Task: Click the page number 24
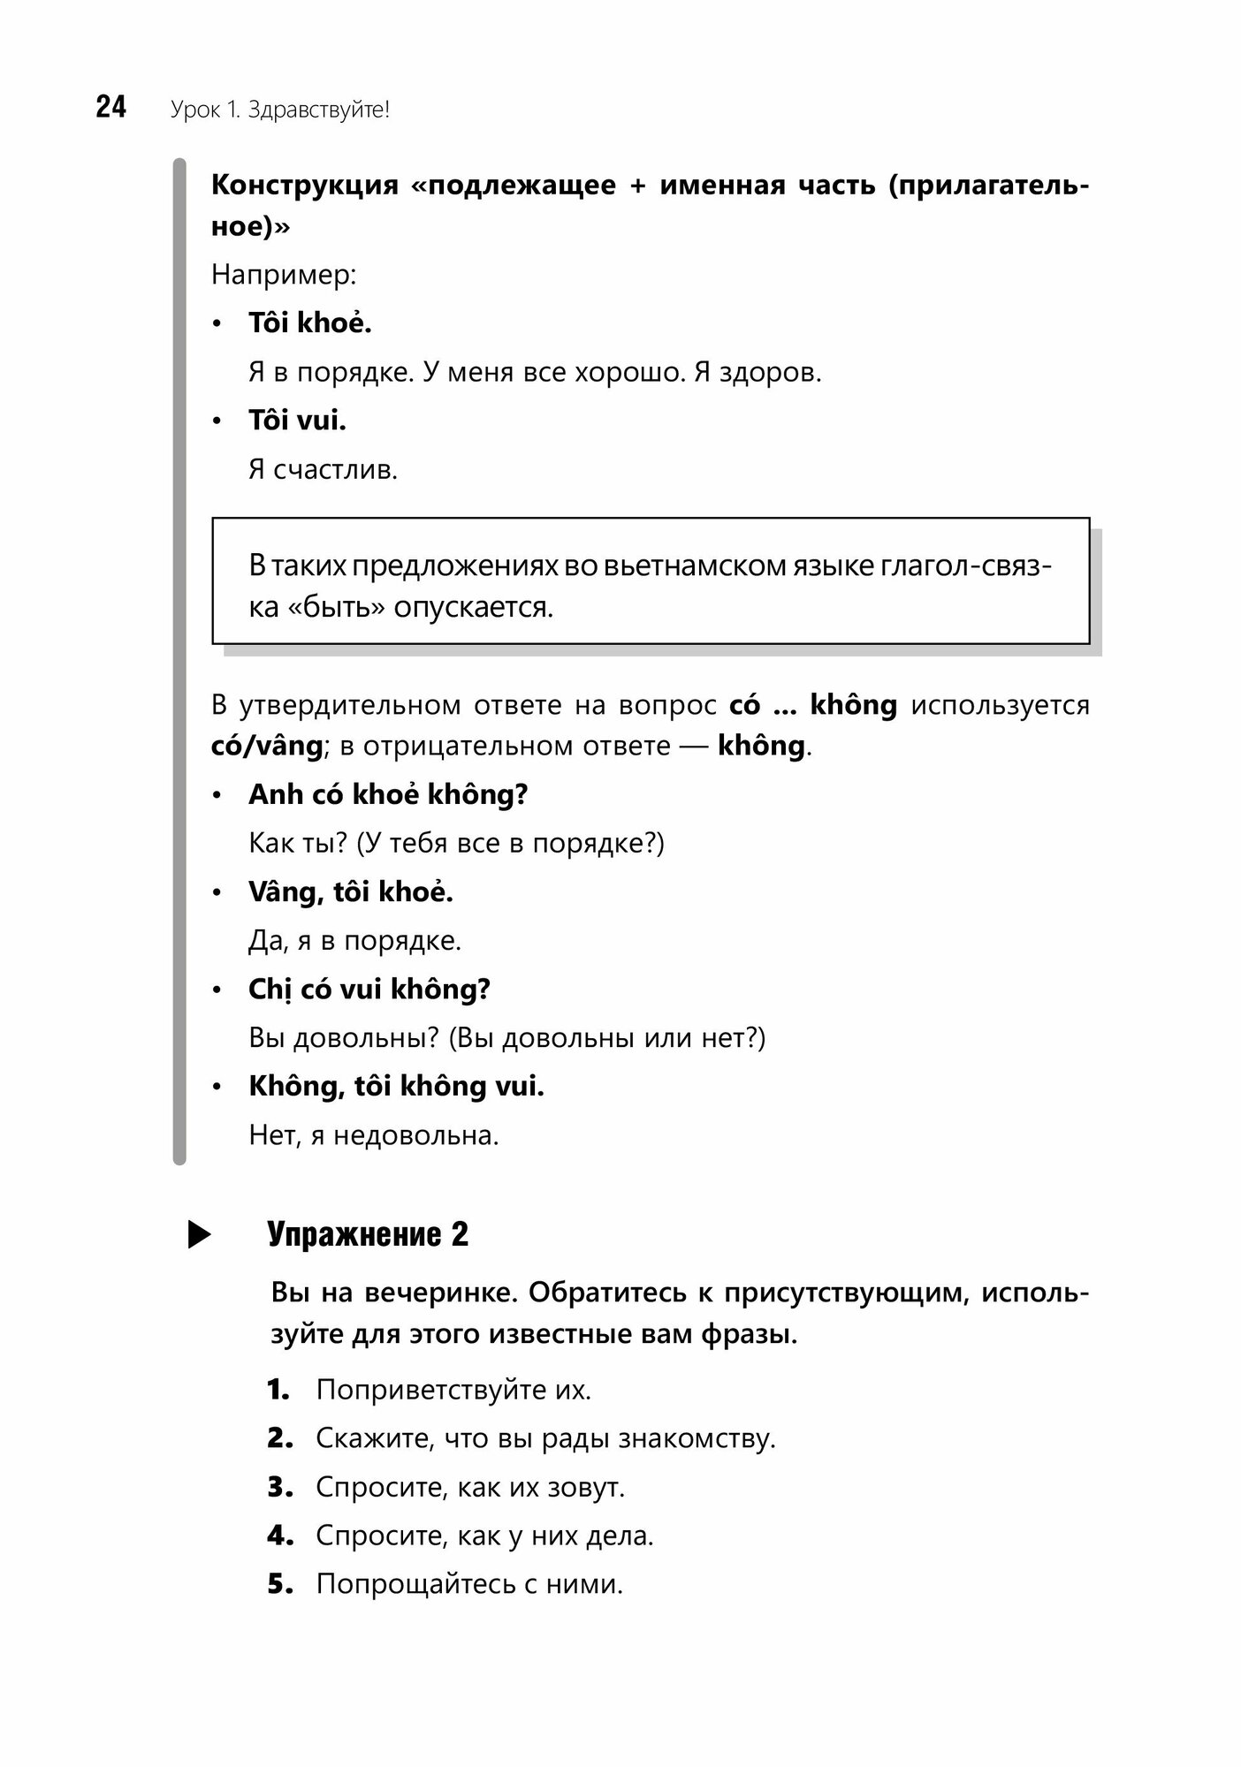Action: [x=111, y=108]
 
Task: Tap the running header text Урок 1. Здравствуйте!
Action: [x=280, y=110]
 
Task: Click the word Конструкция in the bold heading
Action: [x=305, y=186]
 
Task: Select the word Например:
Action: [x=284, y=275]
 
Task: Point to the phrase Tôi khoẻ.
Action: [x=310, y=323]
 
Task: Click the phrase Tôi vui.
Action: [x=297, y=421]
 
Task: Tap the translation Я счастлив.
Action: [x=324, y=469]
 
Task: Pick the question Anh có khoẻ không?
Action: [x=388, y=794]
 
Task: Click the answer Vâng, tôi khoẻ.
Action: [x=351, y=891]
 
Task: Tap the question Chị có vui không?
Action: [x=369, y=989]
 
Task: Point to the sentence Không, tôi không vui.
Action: [x=396, y=1086]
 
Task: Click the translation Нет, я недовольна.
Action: [x=374, y=1134]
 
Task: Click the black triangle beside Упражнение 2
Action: [x=200, y=1235]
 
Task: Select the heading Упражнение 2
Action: [x=368, y=1234]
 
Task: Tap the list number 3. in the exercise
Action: [x=279, y=1488]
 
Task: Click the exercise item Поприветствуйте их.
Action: [x=453, y=1391]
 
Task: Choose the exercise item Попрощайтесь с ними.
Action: [x=469, y=1584]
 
